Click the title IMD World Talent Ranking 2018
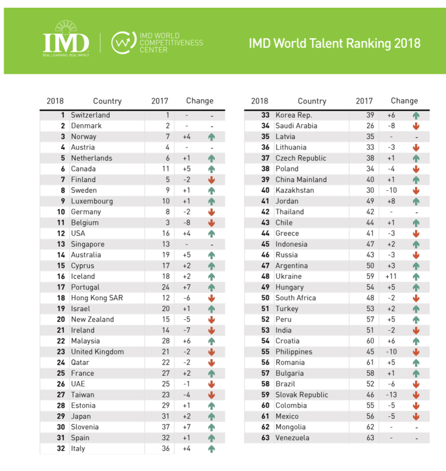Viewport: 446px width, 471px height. (x=334, y=43)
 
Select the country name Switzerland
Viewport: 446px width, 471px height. (x=91, y=115)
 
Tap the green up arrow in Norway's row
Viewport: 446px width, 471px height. (x=211, y=137)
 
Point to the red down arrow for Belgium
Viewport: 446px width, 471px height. (x=211, y=222)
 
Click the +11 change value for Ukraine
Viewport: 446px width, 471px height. (x=391, y=277)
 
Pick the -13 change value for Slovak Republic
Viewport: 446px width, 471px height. (x=391, y=395)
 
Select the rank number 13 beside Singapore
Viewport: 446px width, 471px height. (x=60, y=244)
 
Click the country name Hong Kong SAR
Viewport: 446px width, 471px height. (x=97, y=298)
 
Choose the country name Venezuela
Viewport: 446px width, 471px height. (x=292, y=438)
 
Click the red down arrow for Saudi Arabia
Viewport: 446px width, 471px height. (x=416, y=126)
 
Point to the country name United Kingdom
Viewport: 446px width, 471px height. (x=98, y=351)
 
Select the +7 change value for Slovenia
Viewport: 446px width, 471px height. (x=187, y=427)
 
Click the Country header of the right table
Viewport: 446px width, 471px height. (x=312, y=101)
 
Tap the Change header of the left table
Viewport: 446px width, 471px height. (x=199, y=101)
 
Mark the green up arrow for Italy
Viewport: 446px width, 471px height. (x=211, y=449)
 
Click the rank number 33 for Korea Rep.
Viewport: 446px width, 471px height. (x=265, y=115)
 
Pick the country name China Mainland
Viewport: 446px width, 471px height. (x=301, y=180)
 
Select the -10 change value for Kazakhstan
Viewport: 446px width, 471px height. (x=391, y=190)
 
